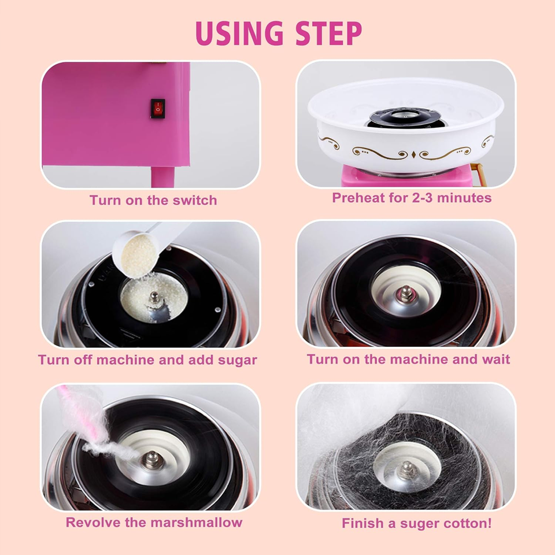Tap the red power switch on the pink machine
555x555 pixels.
(158, 108)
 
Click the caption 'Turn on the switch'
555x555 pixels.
(153, 201)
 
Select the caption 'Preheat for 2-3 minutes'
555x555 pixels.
(412, 198)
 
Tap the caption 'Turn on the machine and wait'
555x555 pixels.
(408, 360)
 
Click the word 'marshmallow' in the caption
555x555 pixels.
(197, 523)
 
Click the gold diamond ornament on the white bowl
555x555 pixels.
(414, 154)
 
